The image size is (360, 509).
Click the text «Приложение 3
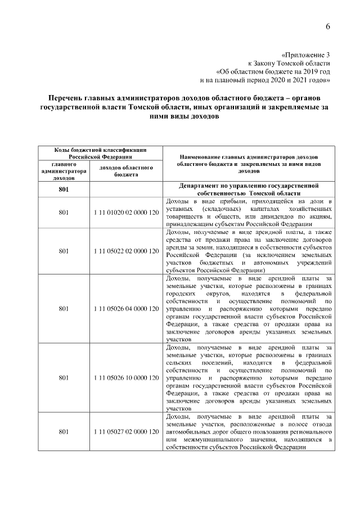point(304,55)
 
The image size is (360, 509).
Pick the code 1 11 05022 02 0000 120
point(127,251)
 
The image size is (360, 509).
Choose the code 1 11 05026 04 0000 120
point(127,308)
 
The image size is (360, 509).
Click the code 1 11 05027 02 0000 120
point(127,431)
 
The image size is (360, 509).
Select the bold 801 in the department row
point(64,189)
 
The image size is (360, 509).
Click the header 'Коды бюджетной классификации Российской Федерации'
point(100,153)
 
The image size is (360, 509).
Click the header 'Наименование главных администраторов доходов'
point(249,155)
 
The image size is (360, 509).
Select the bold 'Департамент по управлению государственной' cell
point(249,184)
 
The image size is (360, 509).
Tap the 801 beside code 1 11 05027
point(64,431)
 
